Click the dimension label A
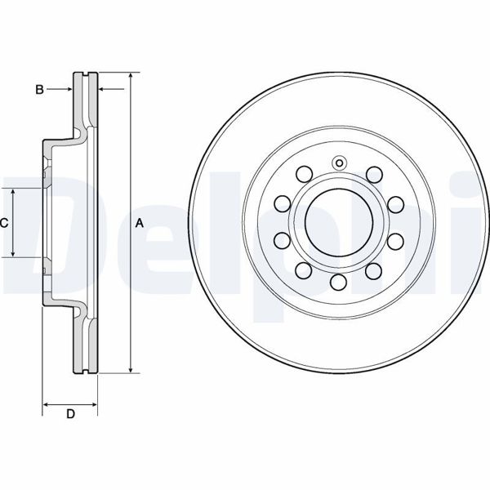(x=140, y=224)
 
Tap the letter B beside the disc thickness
(x=39, y=90)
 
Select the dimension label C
(x=4, y=223)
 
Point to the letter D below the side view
(x=70, y=414)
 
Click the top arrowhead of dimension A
(x=131, y=76)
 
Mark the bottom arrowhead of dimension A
(x=131, y=369)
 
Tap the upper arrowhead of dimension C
(x=13, y=192)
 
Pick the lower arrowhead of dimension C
(x=13, y=253)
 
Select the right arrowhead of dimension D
(x=93, y=405)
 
